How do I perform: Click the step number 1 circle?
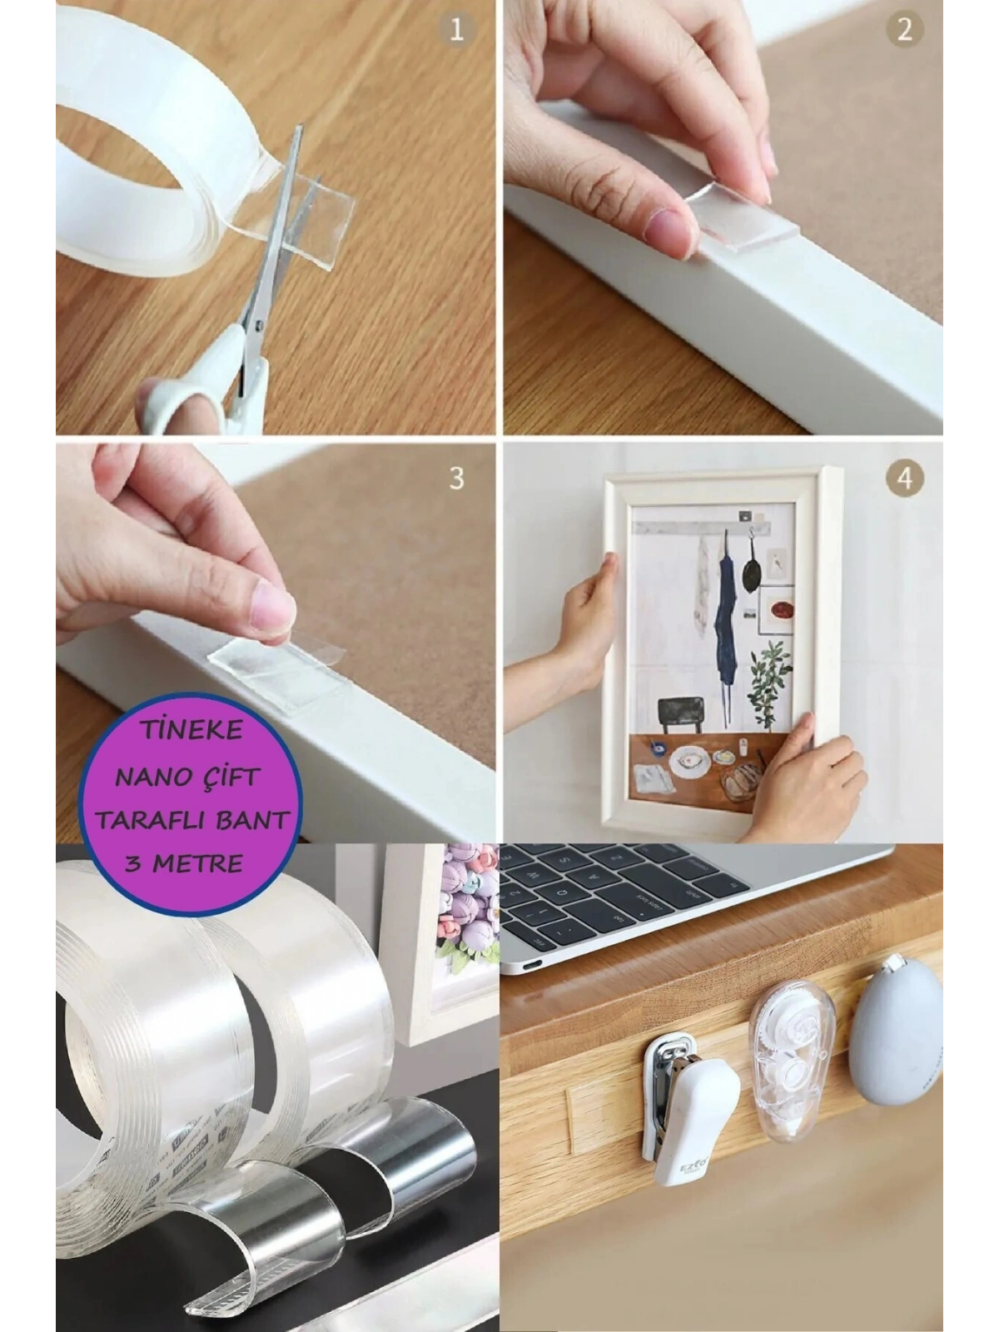pos(455,31)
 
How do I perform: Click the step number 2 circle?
pos(903,31)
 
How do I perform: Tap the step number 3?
pos(456,479)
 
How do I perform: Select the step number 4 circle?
pos(903,479)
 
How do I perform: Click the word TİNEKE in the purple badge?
pos(191,731)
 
